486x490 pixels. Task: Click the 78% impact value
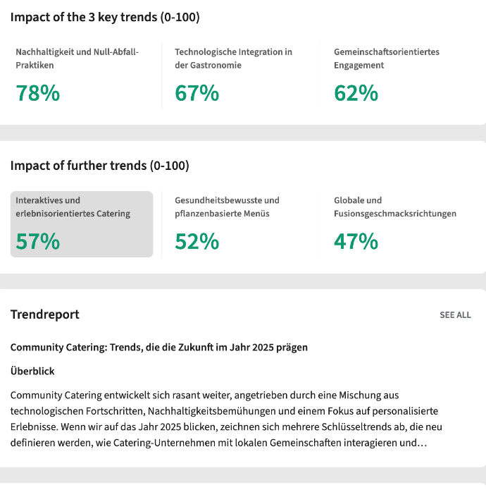click(x=38, y=93)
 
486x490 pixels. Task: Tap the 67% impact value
click(x=197, y=93)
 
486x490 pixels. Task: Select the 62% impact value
click(x=356, y=93)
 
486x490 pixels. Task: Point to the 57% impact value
click(x=38, y=242)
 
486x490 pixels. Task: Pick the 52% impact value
click(x=197, y=242)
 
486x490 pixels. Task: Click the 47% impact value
click(x=356, y=242)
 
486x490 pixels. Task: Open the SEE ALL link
click(x=455, y=315)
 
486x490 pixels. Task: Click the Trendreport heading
click(x=44, y=314)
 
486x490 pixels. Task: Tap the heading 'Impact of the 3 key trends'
click(x=104, y=17)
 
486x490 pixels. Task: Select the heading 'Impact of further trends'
click(x=99, y=166)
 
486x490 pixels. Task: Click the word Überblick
click(x=32, y=371)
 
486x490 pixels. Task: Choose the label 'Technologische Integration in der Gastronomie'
click(x=233, y=59)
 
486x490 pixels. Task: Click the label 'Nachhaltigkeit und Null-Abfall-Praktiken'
click(x=77, y=59)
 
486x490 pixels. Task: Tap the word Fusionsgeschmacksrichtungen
click(x=395, y=214)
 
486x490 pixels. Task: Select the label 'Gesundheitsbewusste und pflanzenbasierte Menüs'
click(x=227, y=207)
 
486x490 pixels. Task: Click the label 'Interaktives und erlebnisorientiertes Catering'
click(x=73, y=207)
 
